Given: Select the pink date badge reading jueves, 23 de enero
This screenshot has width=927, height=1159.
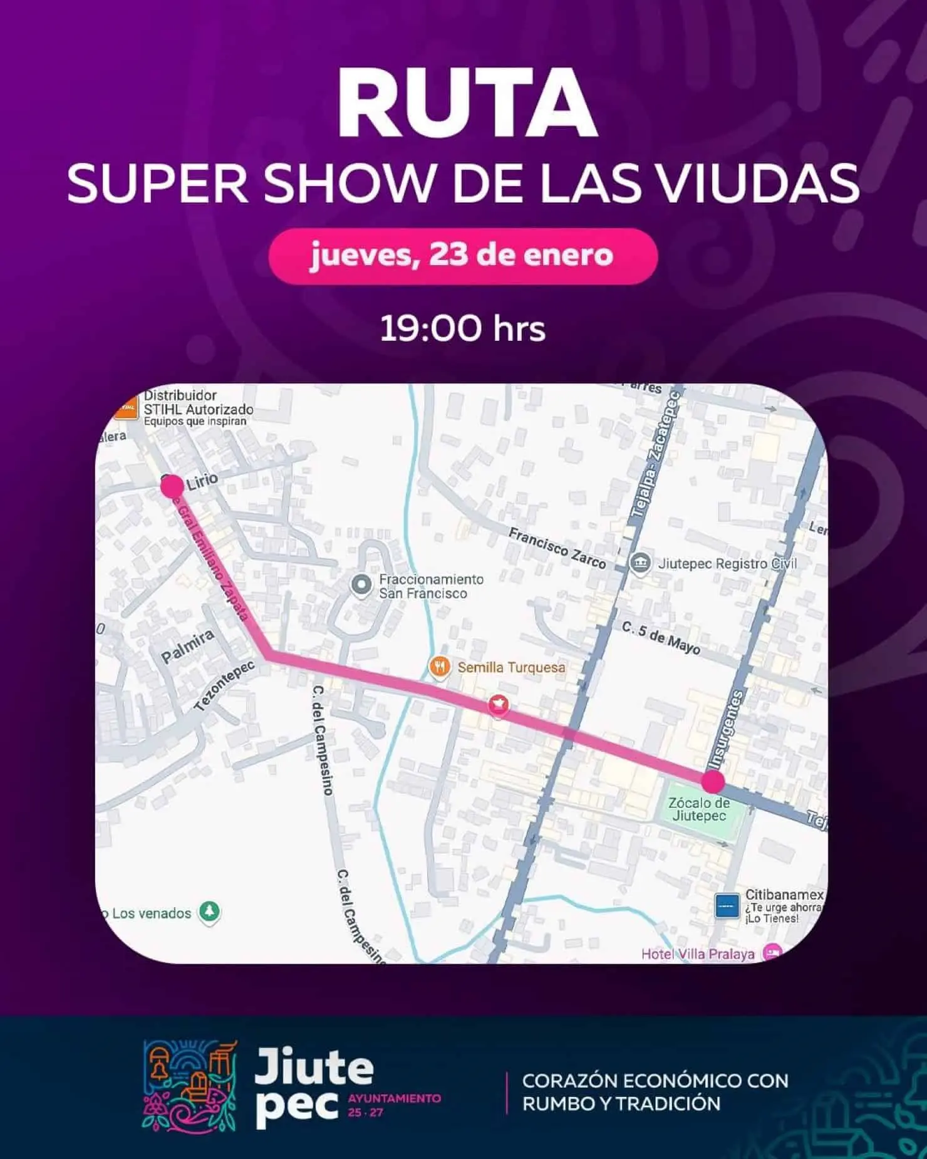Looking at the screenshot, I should [x=463, y=256].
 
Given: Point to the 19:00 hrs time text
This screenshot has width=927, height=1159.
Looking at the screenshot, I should [x=463, y=328].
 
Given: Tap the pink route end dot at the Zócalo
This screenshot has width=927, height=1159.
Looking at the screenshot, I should [x=712, y=781].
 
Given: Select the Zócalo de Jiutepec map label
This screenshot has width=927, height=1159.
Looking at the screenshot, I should [x=698, y=809].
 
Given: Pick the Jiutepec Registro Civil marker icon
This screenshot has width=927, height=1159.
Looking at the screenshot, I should [x=640, y=563].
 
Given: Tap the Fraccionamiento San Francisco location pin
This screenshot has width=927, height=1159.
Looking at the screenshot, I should [x=361, y=586].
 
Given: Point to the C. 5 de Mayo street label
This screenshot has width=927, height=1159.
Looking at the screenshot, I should [x=661, y=638].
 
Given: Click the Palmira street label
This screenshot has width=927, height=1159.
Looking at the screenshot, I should [x=187, y=647].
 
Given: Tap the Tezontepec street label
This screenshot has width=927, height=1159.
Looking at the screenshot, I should [x=224, y=686].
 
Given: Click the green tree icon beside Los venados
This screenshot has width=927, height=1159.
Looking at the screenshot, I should [x=209, y=912].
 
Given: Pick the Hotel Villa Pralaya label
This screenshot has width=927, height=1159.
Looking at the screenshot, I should [x=697, y=954].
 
